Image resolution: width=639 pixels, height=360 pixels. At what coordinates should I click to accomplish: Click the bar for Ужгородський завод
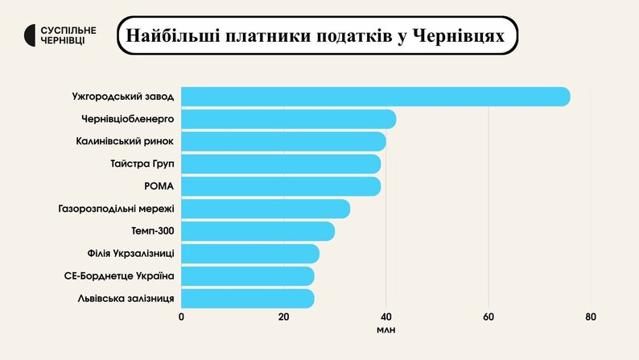point(375,97)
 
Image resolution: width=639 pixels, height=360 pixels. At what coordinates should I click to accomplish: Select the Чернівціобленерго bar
point(288,119)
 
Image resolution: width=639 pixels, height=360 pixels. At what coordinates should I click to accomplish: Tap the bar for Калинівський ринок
point(283,142)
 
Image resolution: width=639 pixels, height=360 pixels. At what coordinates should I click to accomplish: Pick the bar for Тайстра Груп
point(281,164)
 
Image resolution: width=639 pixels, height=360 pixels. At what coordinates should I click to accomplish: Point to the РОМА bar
point(281,187)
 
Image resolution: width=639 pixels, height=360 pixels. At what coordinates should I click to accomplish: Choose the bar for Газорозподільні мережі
point(266,209)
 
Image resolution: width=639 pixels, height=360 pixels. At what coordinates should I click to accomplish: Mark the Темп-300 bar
point(258,232)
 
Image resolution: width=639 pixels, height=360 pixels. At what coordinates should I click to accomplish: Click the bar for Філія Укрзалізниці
point(250,254)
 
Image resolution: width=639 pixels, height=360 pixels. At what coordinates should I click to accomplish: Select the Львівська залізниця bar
point(248,299)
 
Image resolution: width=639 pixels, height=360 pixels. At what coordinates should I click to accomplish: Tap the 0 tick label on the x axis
point(181,317)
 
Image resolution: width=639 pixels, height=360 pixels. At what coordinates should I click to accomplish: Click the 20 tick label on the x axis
point(283,317)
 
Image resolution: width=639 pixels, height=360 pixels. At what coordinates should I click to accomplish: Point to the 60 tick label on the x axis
point(489,317)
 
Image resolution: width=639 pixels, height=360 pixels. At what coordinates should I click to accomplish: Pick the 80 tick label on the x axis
point(591,317)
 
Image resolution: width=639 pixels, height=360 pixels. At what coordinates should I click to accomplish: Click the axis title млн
point(386,331)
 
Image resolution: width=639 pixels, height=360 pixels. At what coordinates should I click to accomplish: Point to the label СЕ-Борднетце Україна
point(119,276)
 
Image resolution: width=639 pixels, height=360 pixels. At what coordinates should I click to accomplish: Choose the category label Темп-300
point(153,232)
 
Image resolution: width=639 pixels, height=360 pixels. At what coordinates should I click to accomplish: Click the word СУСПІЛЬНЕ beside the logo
point(68,30)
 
